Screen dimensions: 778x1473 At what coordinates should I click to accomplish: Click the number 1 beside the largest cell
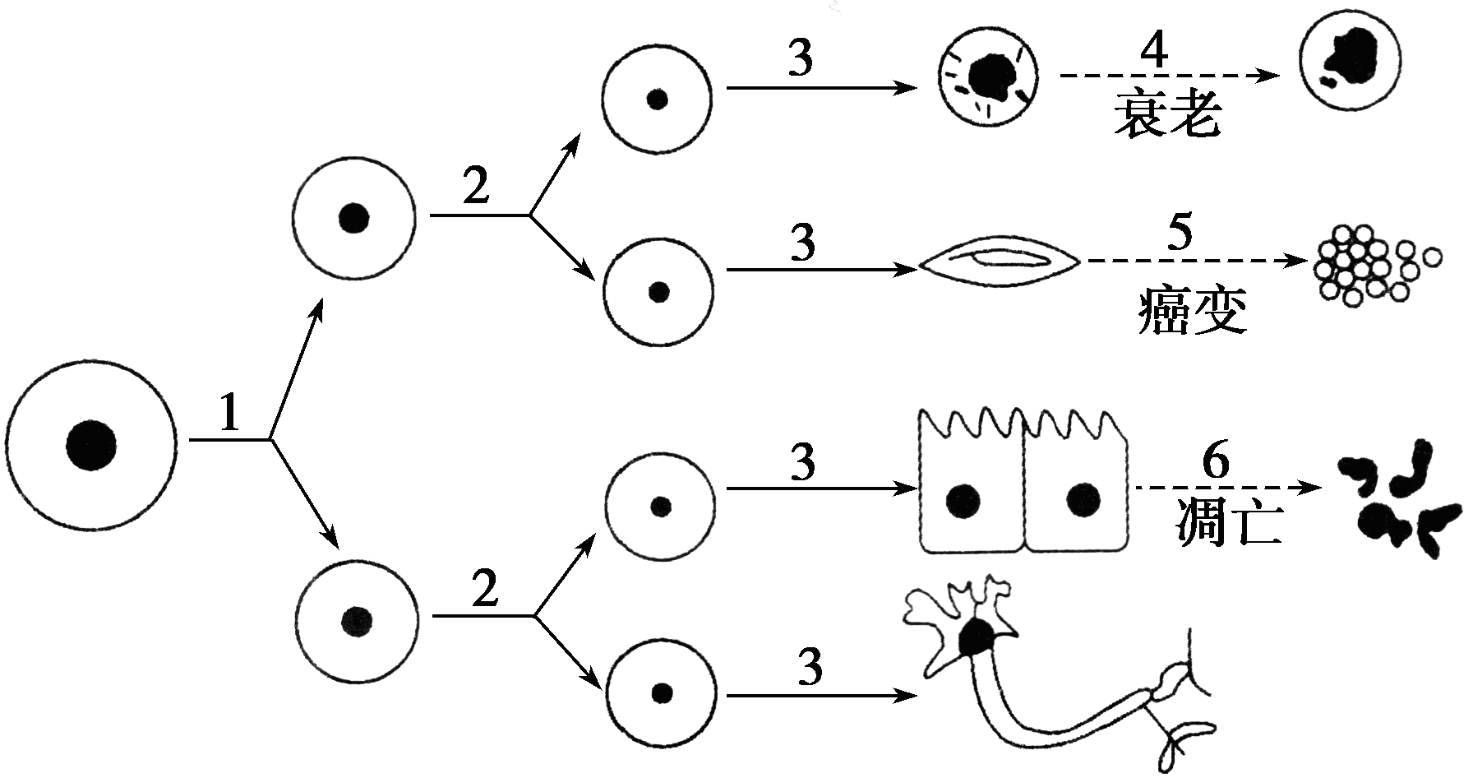(x=229, y=413)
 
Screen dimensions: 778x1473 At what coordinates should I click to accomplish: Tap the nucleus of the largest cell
(x=90, y=447)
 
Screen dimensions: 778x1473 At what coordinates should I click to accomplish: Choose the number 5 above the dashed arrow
(x=1179, y=234)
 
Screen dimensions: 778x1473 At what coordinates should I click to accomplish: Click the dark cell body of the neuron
(x=977, y=638)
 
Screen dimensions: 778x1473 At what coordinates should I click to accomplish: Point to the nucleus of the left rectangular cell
(x=963, y=501)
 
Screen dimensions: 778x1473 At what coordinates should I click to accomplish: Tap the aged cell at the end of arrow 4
(x=1347, y=63)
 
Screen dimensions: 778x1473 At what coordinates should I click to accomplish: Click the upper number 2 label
(x=476, y=186)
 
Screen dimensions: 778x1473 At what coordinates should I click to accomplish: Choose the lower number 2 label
(x=484, y=589)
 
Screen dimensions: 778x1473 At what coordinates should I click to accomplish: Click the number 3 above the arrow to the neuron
(x=810, y=668)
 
